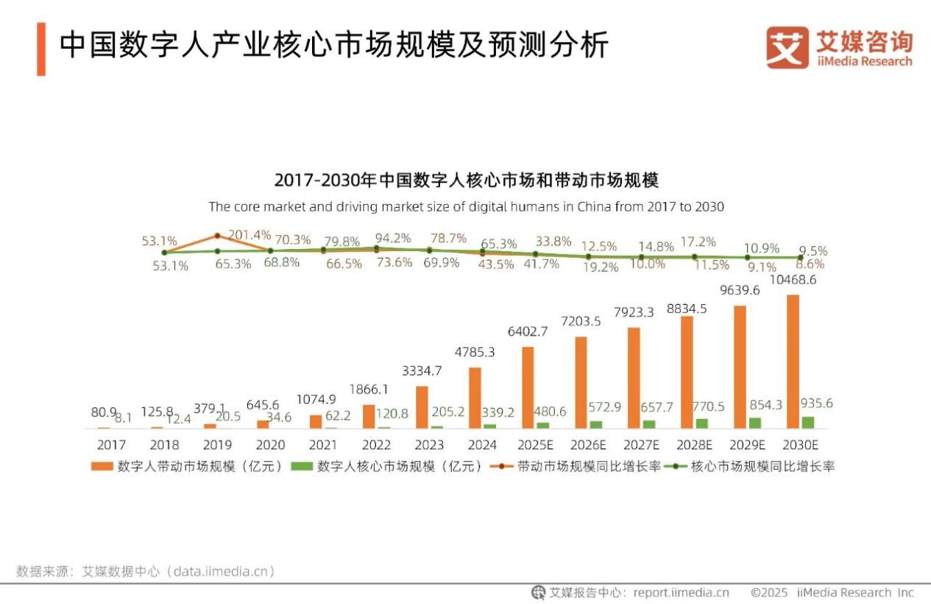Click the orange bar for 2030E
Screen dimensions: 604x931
click(x=793, y=362)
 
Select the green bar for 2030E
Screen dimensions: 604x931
click(x=807, y=422)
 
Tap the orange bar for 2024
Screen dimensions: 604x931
click(x=475, y=398)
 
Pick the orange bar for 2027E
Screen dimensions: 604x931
click(x=634, y=378)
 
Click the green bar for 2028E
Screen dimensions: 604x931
click(x=701, y=424)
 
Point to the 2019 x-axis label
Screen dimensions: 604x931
click(x=217, y=445)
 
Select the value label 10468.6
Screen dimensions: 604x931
click(x=792, y=280)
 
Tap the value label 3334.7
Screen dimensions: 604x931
click(x=422, y=371)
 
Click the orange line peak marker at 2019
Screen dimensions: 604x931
click(x=217, y=236)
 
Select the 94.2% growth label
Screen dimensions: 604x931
click(x=393, y=238)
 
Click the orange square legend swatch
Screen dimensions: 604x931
click(x=102, y=466)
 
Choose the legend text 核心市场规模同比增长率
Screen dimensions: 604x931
click(x=762, y=466)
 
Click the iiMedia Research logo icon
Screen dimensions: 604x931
click(x=787, y=47)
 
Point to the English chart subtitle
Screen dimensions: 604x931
click(x=466, y=206)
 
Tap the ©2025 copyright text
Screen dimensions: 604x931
click(x=769, y=592)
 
